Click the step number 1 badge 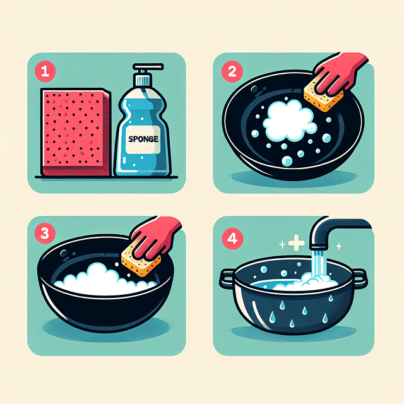coord(44,71)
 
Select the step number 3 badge coord(44,233)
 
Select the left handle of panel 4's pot coord(227,276)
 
